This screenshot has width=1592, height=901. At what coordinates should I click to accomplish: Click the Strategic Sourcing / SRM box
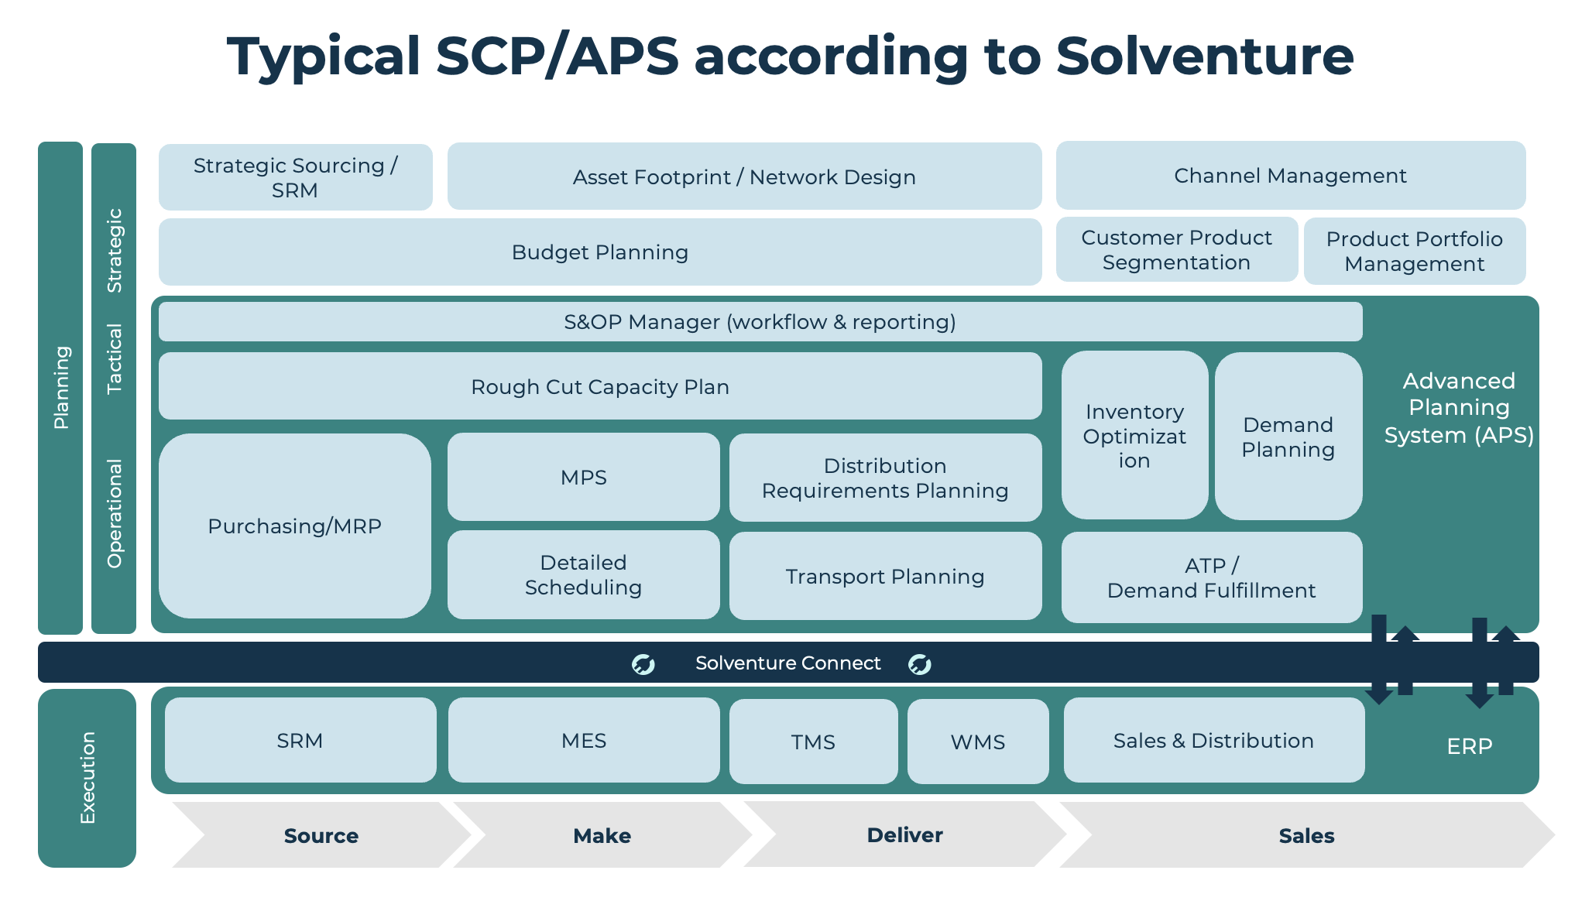295,177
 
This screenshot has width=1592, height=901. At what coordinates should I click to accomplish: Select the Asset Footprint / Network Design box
744,176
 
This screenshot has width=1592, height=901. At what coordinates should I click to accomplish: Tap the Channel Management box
1290,176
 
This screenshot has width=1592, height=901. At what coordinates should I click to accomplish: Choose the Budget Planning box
600,252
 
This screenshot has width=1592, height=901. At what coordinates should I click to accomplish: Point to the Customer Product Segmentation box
1176,250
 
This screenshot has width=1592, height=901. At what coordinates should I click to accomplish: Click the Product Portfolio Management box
1414,252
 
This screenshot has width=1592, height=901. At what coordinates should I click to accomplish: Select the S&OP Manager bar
760,322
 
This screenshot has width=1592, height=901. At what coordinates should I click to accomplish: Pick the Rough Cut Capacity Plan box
600,386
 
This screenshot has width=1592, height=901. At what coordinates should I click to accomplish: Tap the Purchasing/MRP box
295,526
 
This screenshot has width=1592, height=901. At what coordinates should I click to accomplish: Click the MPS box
583,477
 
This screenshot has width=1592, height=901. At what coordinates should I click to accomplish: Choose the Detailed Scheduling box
583,575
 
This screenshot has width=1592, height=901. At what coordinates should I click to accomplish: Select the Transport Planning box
885,577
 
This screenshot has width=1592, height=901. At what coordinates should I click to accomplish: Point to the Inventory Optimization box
1134,436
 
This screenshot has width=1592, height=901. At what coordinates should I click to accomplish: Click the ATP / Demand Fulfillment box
1211,578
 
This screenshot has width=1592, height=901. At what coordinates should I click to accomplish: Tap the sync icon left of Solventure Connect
643,664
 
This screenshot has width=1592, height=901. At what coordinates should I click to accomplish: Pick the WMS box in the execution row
978,742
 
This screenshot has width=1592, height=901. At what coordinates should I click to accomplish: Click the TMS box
813,742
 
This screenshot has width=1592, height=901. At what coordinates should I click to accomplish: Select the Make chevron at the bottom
602,835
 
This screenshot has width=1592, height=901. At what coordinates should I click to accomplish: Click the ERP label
1469,746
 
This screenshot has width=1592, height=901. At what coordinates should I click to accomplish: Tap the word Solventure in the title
1204,57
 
